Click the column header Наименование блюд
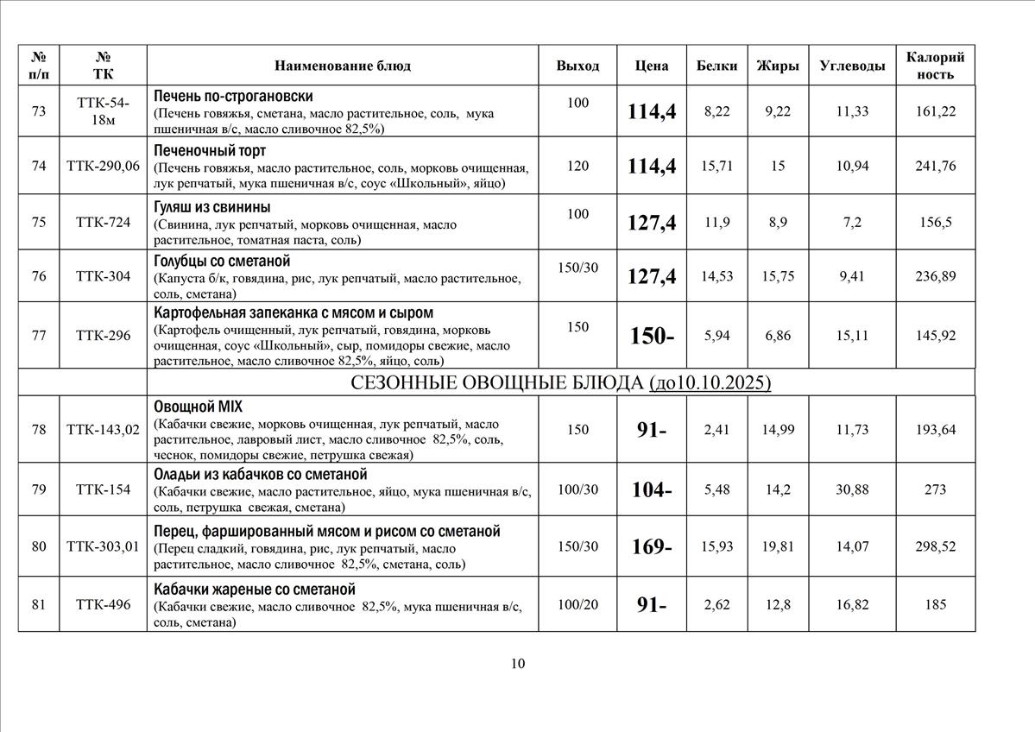[343, 66]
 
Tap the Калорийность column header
[935, 66]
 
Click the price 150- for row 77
[652, 336]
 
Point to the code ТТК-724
[103, 222]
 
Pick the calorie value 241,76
[935, 166]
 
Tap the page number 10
[517, 663]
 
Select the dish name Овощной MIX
[198, 407]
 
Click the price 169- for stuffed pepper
[652, 546]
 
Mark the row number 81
[39, 604]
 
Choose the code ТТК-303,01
[103, 546]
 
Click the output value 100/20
[577, 604]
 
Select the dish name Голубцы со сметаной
[221, 261]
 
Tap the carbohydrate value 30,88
[852, 489]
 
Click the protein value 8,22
[716, 110]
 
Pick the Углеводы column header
[852, 66]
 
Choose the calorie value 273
[935, 489]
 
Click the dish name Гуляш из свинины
[211, 207]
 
